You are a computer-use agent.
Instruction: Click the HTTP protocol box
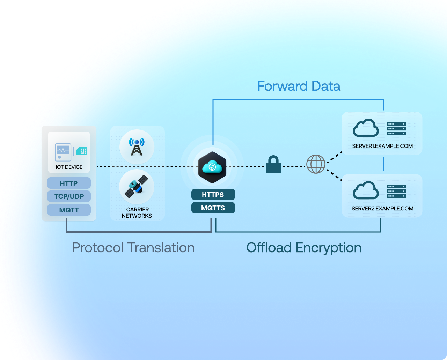point(69,183)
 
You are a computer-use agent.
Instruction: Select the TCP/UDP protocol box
point(69,196)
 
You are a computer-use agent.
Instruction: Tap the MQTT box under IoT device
point(69,210)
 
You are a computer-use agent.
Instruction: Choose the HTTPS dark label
point(213,195)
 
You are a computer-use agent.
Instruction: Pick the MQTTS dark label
point(213,208)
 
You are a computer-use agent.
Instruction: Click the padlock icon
point(273,165)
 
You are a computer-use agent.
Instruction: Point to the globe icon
point(316,164)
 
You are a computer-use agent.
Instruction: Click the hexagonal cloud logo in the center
point(212,167)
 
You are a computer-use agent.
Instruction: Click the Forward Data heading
point(299,86)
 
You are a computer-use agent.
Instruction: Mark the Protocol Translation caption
point(133,248)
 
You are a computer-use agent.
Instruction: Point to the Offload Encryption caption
point(304,248)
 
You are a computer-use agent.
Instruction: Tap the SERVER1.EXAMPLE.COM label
point(382,146)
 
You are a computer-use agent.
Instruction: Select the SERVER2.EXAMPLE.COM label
point(382,209)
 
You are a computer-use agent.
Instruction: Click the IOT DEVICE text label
point(69,167)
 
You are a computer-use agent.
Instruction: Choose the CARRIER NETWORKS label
point(137,212)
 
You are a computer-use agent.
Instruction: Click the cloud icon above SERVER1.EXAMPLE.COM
point(366,128)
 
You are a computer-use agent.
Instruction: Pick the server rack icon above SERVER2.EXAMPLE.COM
point(396,191)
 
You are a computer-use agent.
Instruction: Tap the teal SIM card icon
point(81,151)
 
